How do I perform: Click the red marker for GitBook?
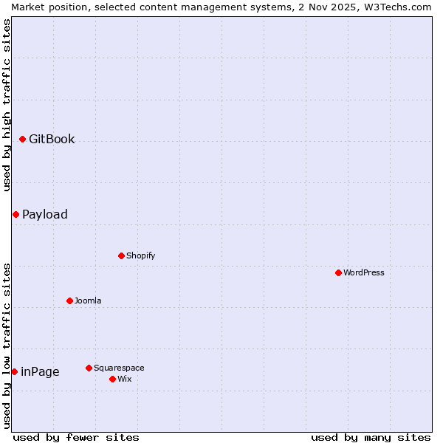tap(22, 139)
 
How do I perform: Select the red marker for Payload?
tap(16, 214)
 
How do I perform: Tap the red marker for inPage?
tap(14, 371)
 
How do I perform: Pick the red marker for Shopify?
tap(121, 255)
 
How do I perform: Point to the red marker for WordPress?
tap(338, 272)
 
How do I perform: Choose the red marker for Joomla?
tap(69, 301)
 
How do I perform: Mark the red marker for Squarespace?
tap(89, 368)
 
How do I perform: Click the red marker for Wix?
tap(112, 379)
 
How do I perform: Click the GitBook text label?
tap(52, 139)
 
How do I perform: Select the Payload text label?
tap(45, 214)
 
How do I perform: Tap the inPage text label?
tap(40, 371)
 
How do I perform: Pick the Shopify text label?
tap(141, 255)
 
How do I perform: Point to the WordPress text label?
tap(364, 272)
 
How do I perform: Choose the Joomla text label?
tap(88, 301)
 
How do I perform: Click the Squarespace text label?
tap(119, 368)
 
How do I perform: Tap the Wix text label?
tap(125, 379)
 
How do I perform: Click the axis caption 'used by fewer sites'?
tap(76, 437)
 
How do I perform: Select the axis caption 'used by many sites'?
tap(371, 437)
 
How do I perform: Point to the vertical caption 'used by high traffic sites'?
tap(7, 105)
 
